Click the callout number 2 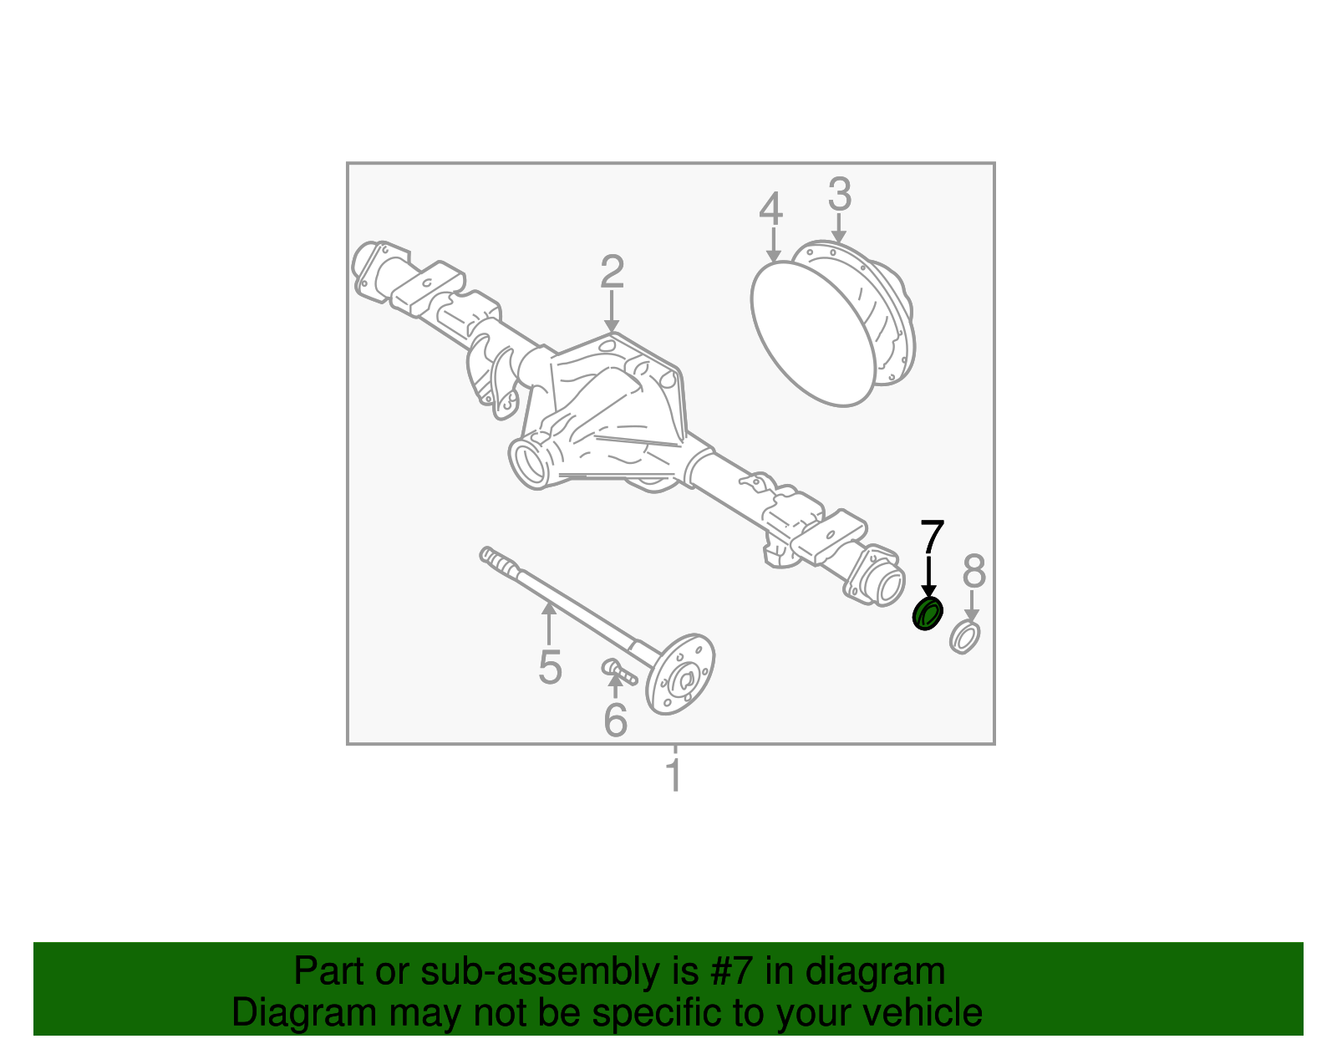[612, 272]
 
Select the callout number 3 [839, 195]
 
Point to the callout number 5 [550, 667]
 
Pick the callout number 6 [616, 721]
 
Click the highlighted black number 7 [932, 537]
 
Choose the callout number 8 [974, 573]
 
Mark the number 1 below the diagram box [674, 777]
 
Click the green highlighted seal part [926, 614]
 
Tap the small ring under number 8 [965, 637]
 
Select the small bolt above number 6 [619, 670]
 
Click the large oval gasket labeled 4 [811, 334]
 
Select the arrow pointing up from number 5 [549, 622]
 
